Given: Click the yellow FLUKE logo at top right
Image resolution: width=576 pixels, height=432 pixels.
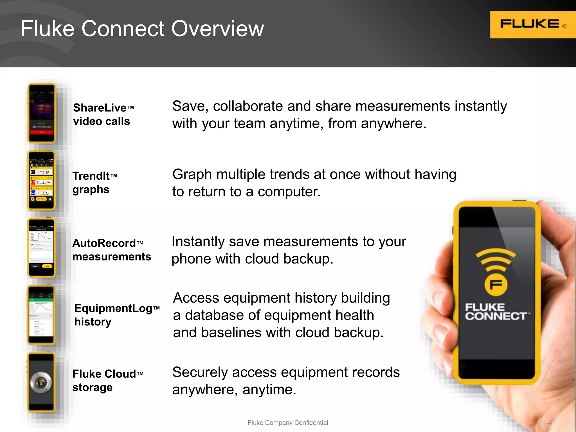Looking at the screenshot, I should pyautogui.click(x=532, y=24).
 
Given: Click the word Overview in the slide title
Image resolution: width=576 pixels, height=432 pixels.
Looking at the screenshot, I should pyautogui.click(x=218, y=29).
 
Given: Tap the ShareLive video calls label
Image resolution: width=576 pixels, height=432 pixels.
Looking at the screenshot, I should pyautogui.click(x=103, y=114).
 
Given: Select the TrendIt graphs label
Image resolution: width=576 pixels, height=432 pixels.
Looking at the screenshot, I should pyautogui.click(x=94, y=183).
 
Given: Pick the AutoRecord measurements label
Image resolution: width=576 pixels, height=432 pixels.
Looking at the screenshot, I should pyautogui.click(x=111, y=250).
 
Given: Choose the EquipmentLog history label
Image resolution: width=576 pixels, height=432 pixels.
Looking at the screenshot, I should pyautogui.click(x=116, y=315).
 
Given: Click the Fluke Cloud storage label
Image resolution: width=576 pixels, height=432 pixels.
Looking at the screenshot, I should pyautogui.click(x=107, y=381).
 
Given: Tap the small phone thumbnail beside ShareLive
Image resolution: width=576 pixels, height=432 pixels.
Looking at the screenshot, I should pyautogui.click(x=41, y=113).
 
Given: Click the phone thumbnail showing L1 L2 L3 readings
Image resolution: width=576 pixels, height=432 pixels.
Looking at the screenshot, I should pyautogui.click(x=41, y=180).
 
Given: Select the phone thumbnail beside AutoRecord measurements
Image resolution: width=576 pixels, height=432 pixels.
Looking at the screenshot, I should pyautogui.click(x=41, y=248).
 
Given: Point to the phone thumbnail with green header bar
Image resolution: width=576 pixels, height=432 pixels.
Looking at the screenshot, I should pyautogui.click(x=41, y=315).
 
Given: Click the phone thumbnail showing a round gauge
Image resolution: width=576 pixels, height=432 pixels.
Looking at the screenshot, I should pyautogui.click(x=41, y=382).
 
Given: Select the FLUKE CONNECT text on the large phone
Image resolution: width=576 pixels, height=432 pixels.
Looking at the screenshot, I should pyautogui.click(x=496, y=312).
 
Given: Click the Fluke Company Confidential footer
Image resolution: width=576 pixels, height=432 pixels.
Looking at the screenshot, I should pyautogui.click(x=287, y=423).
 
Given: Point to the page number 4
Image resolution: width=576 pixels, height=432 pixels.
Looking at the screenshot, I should pyautogui.click(x=550, y=423).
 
